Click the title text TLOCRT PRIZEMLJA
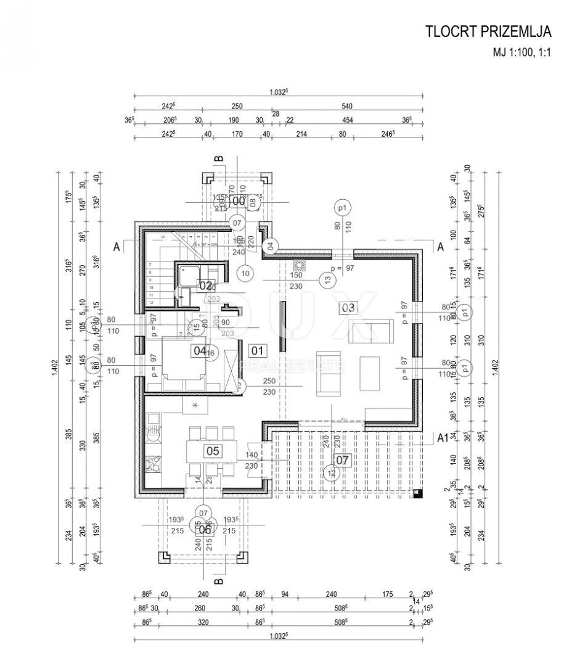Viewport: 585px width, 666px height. [488, 32]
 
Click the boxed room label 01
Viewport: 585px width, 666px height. [258, 351]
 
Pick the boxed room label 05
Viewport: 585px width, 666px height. [213, 451]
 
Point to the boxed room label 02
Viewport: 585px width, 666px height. [205, 286]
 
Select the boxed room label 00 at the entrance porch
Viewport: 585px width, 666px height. [238, 200]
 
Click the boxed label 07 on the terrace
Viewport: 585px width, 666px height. [343, 459]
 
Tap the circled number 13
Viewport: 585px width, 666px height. [327, 280]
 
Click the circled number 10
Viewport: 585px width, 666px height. [245, 272]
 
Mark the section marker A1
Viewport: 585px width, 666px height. [442, 438]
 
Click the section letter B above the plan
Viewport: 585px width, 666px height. [218, 160]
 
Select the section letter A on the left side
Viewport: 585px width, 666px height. [117, 246]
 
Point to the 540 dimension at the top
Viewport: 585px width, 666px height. [356, 106]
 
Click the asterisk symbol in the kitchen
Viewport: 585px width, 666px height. [195, 405]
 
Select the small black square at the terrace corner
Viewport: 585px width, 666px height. [419, 493]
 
